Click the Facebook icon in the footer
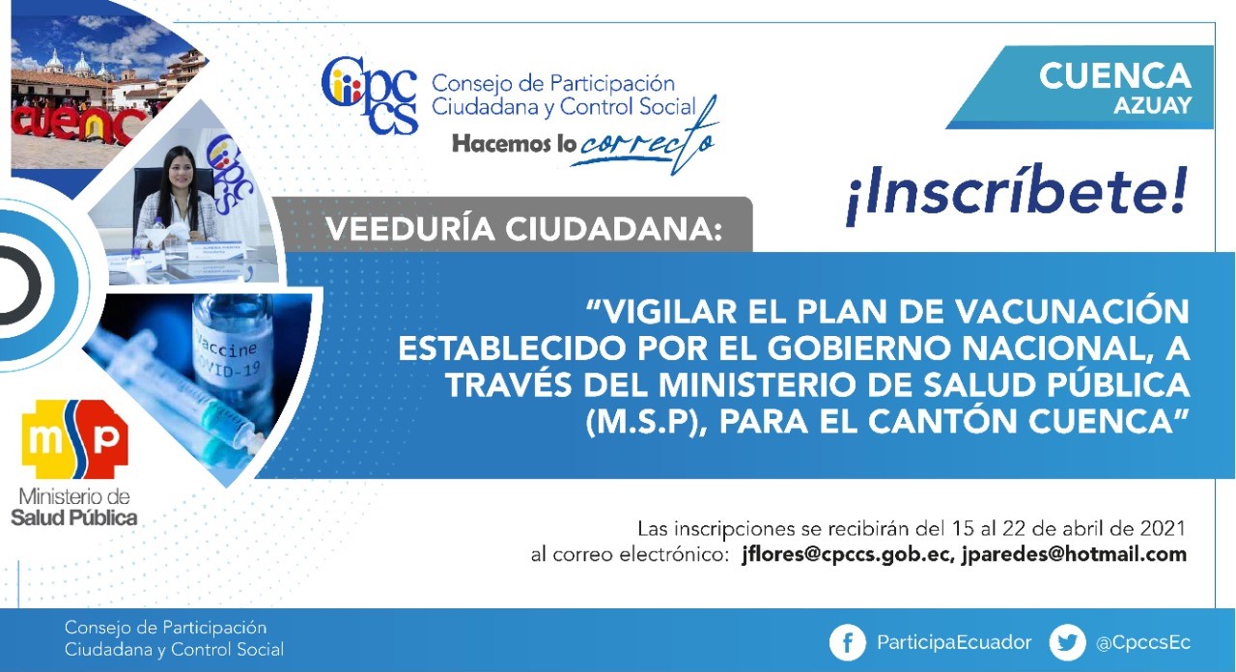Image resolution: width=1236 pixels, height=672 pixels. click(x=847, y=642)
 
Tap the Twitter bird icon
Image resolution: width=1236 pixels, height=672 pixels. click(x=1067, y=642)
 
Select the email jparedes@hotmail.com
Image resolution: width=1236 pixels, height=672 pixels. click(x=1074, y=554)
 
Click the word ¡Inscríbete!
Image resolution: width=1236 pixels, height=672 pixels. click(x=1017, y=194)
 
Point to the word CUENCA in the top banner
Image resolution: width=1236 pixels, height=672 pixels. click(x=1114, y=75)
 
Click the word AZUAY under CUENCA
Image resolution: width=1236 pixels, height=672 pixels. click(x=1152, y=105)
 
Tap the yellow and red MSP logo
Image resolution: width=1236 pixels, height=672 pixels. click(x=74, y=439)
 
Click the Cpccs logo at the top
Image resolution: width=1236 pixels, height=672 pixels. click(x=370, y=95)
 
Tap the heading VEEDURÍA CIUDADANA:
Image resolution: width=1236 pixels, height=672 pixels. click(x=523, y=229)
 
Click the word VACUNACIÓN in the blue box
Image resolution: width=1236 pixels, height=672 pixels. click(x=1072, y=311)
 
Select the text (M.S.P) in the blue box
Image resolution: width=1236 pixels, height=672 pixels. click(x=641, y=422)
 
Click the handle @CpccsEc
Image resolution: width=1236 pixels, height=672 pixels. click(x=1143, y=643)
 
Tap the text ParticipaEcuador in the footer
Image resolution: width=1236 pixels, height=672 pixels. click(x=954, y=642)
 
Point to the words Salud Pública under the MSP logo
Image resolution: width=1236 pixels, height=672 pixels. click(x=74, y=518)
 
